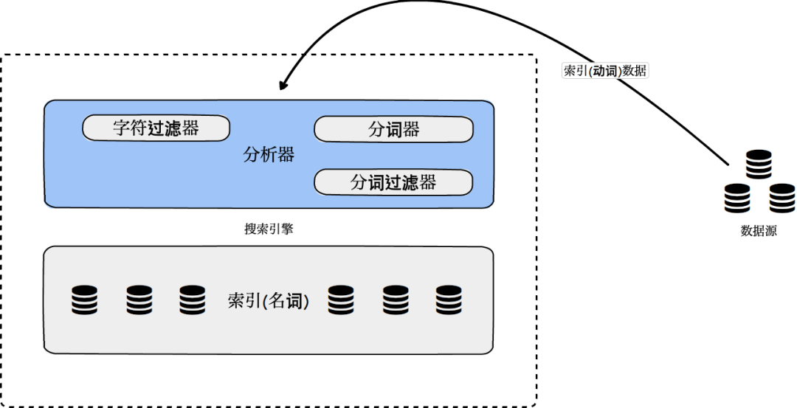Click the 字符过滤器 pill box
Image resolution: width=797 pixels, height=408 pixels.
[155, 128]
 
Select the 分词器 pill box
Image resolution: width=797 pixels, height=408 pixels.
[393, 130]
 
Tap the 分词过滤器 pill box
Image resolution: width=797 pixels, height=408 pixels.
[393, 182]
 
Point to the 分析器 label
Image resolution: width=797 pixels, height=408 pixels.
[269, 155]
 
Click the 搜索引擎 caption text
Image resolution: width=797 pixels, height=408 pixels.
[269, 229]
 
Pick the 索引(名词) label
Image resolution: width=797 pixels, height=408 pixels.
[269, 301]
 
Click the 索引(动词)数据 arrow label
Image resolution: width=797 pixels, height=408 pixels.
[605, 71]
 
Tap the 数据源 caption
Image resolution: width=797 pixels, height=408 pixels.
[759, 231]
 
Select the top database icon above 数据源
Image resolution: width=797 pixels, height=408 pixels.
[759, 165]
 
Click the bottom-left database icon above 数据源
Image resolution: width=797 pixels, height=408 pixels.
[736, 198]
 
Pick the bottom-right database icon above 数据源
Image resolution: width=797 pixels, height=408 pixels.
[782, 198]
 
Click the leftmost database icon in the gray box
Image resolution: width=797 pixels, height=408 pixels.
[84, 300]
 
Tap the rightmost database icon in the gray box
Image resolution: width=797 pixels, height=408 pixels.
[448, 300]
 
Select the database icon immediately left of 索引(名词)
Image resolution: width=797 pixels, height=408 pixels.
[192, 300]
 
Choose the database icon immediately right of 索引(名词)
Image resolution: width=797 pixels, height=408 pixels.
[340, 300]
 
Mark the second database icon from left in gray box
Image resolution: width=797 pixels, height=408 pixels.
[139, 300]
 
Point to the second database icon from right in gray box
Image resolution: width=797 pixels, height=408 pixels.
[395, 300]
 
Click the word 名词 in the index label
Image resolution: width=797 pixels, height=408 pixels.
[286, 301]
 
